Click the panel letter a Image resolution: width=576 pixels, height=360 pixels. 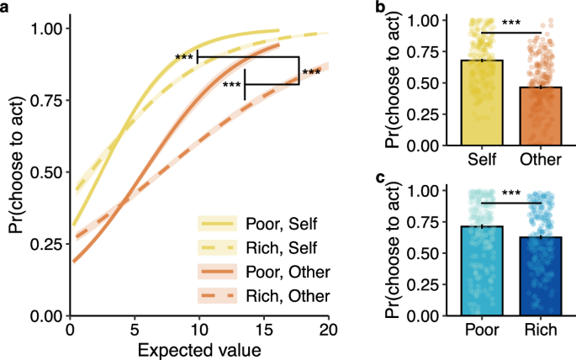coord(7,8)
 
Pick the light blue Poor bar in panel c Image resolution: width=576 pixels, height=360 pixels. coord(481,271)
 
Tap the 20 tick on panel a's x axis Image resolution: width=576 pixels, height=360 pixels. coord(329,327)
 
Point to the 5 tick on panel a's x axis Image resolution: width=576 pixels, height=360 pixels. coord(135,327)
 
